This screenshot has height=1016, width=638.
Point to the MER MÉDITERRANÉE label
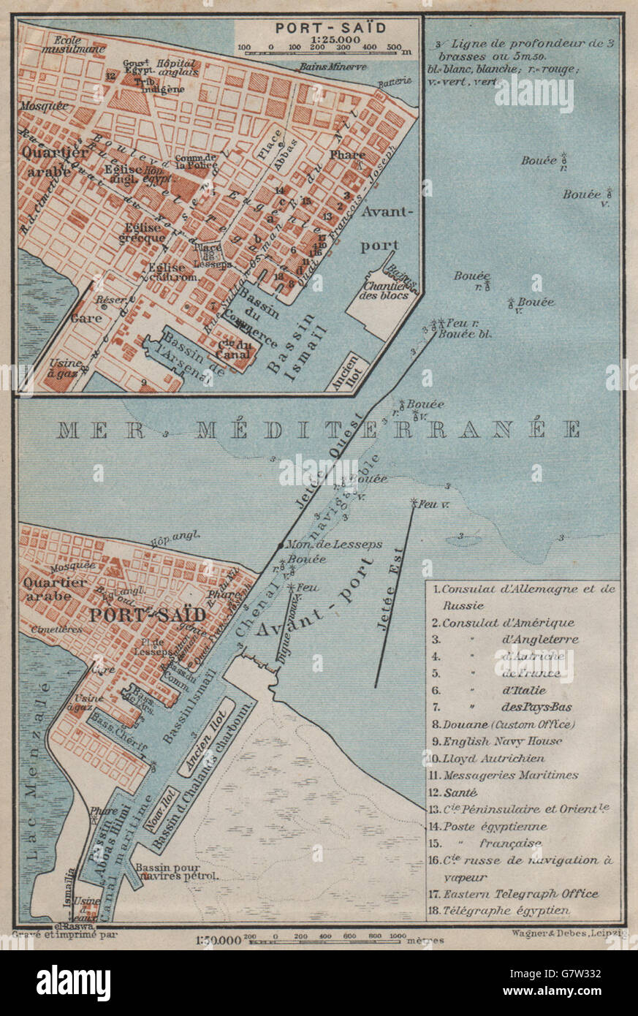(319, 430)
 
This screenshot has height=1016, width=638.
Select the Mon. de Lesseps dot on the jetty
(280, 545)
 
